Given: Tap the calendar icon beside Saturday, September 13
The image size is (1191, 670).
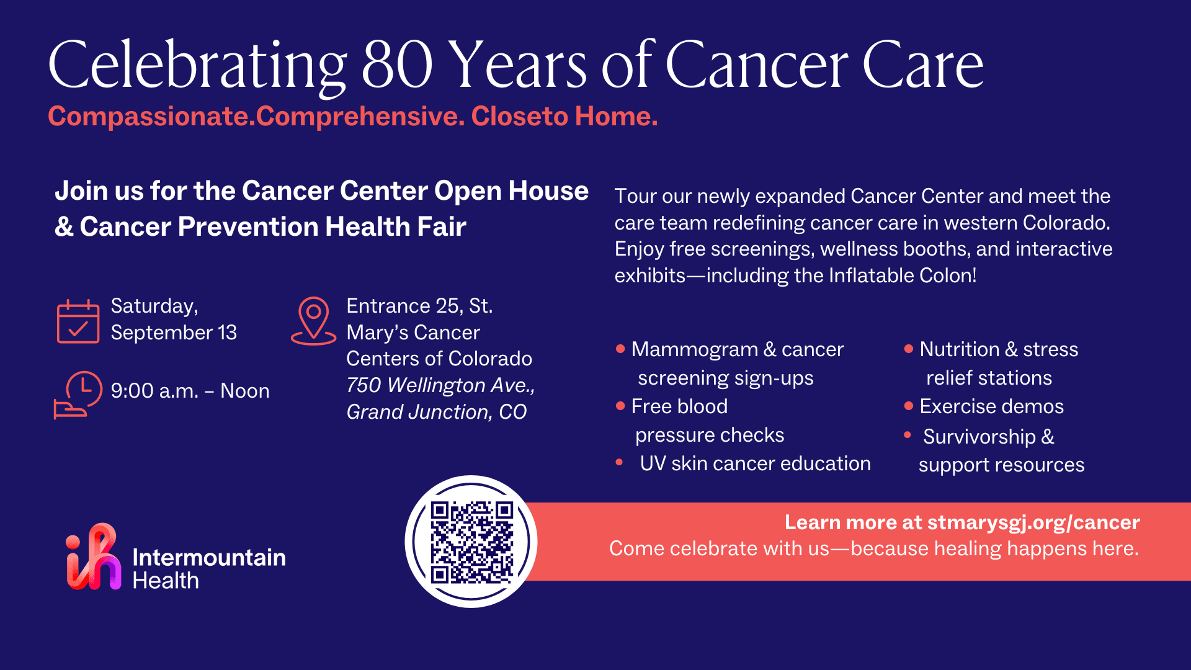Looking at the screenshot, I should pos(78,321).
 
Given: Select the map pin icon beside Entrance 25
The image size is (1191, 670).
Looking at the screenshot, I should pos(313,320).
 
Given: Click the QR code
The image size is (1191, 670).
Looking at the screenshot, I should pos(471,542).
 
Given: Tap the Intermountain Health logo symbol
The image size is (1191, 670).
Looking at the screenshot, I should pos(94,557).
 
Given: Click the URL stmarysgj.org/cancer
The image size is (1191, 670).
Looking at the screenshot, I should pos(1033,522).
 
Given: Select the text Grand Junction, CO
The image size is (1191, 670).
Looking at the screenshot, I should pos(436,412).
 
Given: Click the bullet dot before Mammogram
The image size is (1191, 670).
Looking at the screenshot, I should pos(620,349).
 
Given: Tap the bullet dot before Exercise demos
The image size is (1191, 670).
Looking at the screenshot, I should pos(909,406).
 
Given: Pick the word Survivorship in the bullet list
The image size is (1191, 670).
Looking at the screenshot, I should pos(979,437).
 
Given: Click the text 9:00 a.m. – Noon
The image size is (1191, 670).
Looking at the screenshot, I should pos(190,391).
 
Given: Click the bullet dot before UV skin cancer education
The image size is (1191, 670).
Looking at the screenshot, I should pos(619,462).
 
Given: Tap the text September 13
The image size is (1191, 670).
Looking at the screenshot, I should pos(174,333).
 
